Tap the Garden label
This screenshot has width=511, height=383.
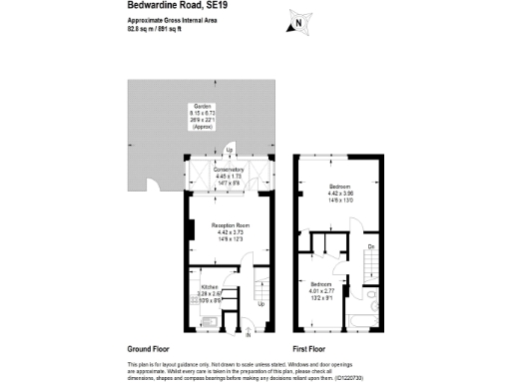tap(203, 106)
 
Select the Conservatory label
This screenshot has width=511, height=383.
tap(229, 171)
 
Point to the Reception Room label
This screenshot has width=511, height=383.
tap(230, 225)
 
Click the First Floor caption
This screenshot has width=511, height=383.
tap(311, 350)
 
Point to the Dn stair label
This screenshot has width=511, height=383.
tap(371, 246)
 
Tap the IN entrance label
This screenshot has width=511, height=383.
tap(248, 335)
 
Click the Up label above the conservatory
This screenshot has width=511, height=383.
tap(230, 152)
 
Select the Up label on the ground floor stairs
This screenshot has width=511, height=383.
tap(261, 304)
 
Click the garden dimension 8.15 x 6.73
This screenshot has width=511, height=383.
tap(203, 114)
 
